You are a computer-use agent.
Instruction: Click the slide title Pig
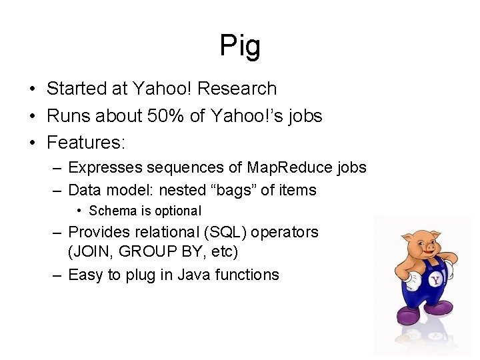240,46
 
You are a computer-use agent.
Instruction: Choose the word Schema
113,211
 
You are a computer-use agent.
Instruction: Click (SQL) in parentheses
229,232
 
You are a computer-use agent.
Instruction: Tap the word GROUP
143,252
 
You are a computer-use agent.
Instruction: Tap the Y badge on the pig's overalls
435,281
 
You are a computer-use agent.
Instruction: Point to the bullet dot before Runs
32,116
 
